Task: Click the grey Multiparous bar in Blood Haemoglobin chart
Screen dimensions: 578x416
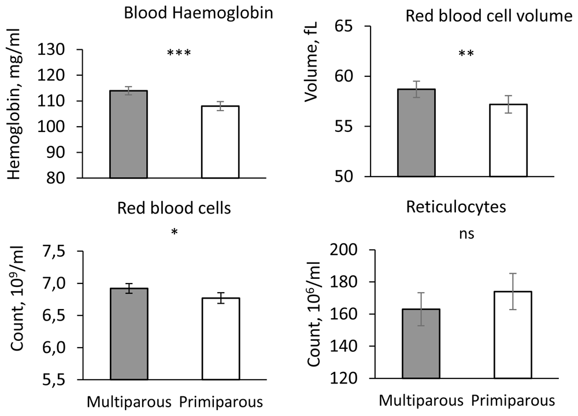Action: pyautogui.click(x=129, y=134)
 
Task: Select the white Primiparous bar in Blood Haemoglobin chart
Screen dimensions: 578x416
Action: pyautogui.click(x=220, y=142)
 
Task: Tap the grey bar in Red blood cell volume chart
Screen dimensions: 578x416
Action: pyautogui.click(x=417, y=132)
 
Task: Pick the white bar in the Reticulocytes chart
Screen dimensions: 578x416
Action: pyautogui.click(x=513, y=335)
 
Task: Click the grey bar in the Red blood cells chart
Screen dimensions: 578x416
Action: pyautogui.click(x=129, y=334)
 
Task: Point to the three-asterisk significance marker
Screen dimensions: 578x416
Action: pyautogui.click(x=179, y=53)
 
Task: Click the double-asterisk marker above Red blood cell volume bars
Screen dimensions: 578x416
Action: pyautogui.click(x=466, y=54)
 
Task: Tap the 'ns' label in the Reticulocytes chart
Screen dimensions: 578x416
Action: pyautogui.click(x=466, y=234)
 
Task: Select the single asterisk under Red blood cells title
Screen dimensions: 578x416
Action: pyautogui.click(x=175, y=232)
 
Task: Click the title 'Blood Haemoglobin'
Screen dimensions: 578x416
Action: pyautogui.click(x=198, y=13)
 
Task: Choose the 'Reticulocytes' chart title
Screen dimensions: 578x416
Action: pyautogui.click(x=456, y=207)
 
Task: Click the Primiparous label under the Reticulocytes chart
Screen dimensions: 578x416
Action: pyautogui.click(x=513, y=400)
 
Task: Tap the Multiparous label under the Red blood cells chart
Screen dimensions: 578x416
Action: pyautogui.click(x=129, y=402)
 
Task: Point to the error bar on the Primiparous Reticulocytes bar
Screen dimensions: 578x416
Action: pyautogui.click(x=513, y=291)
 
